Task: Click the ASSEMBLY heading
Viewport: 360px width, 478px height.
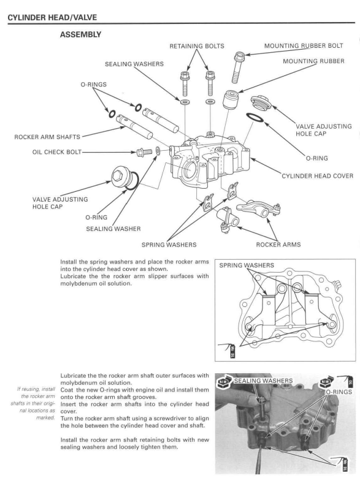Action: click(x=80, y=34)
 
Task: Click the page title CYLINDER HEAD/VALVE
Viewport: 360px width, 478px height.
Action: click(x=52, y=17)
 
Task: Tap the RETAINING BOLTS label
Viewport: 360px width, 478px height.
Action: click(x=197, y=46)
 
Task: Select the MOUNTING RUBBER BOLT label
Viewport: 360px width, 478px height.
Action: click(x=304, y=46)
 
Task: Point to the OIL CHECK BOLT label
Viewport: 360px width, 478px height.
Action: click(x=57, y=152)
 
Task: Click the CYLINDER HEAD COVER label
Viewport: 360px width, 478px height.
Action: click(x=317, y=176)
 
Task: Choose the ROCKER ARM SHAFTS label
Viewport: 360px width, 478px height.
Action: click(x=47, y=137)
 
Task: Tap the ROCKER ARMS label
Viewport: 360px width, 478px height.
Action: click(x=278, y=245)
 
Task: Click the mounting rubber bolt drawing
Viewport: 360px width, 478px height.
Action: click(x=237, y=67)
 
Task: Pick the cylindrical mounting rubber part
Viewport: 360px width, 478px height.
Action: click(x=230, y=99)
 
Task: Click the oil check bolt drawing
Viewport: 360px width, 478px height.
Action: click(x=144, y=151)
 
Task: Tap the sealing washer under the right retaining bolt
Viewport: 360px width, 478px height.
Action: click(x=210, y=101)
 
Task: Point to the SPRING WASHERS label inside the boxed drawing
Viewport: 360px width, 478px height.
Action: click(x=247, y=265)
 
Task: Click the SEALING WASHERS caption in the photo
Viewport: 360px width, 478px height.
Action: click(x=263, y=381)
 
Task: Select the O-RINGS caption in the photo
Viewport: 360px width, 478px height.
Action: click(x=339, y=392)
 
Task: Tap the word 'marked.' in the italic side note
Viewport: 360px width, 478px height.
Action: click(x=46, y=418)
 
